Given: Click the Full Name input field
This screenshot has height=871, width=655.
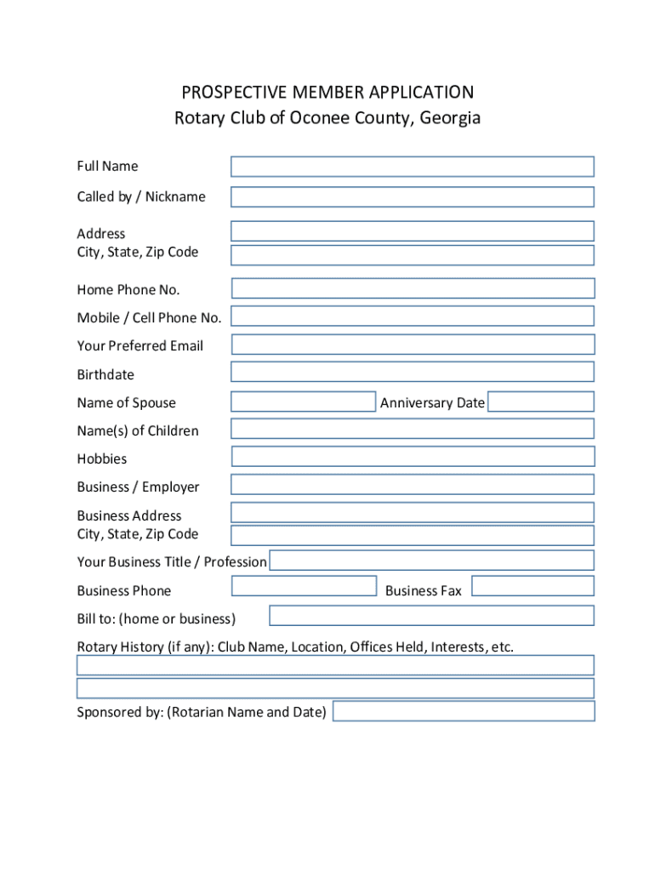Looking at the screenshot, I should [x=412, y=167].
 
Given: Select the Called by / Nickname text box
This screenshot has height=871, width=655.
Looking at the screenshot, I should [x=412, y=197].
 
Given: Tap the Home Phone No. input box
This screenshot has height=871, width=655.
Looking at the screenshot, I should [x=413, y=288].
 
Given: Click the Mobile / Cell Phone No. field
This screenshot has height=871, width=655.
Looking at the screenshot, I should [x=412, y=316].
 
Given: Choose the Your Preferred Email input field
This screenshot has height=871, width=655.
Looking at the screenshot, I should [x=413, y=344].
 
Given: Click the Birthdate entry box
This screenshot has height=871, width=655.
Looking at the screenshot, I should [x=412, y=372].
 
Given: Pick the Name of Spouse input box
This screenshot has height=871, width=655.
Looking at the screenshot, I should [x=303, y=401].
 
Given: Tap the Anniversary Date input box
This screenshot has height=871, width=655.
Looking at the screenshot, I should [x=541, y=401].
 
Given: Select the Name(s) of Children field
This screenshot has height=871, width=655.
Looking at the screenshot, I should [x=412, y=429].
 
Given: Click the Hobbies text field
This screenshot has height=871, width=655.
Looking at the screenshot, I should [x=413, y=457].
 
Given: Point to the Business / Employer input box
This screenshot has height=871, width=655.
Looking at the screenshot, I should [x=412, y=485].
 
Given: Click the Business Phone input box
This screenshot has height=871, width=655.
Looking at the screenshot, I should [x=304, y=586].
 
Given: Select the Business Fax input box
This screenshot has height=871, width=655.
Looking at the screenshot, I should [x=533, y=586].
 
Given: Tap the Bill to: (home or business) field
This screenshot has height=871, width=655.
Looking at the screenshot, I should [x=431, y=616].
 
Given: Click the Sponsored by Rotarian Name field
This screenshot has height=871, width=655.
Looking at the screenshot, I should [x=464, y=711].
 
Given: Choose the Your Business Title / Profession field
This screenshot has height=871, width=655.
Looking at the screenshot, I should [x=431, y=560].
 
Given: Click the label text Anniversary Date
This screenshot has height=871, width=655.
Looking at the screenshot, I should [x=432, y=403].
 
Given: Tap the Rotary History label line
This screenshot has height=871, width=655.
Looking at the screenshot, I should [x=295, y=647].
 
